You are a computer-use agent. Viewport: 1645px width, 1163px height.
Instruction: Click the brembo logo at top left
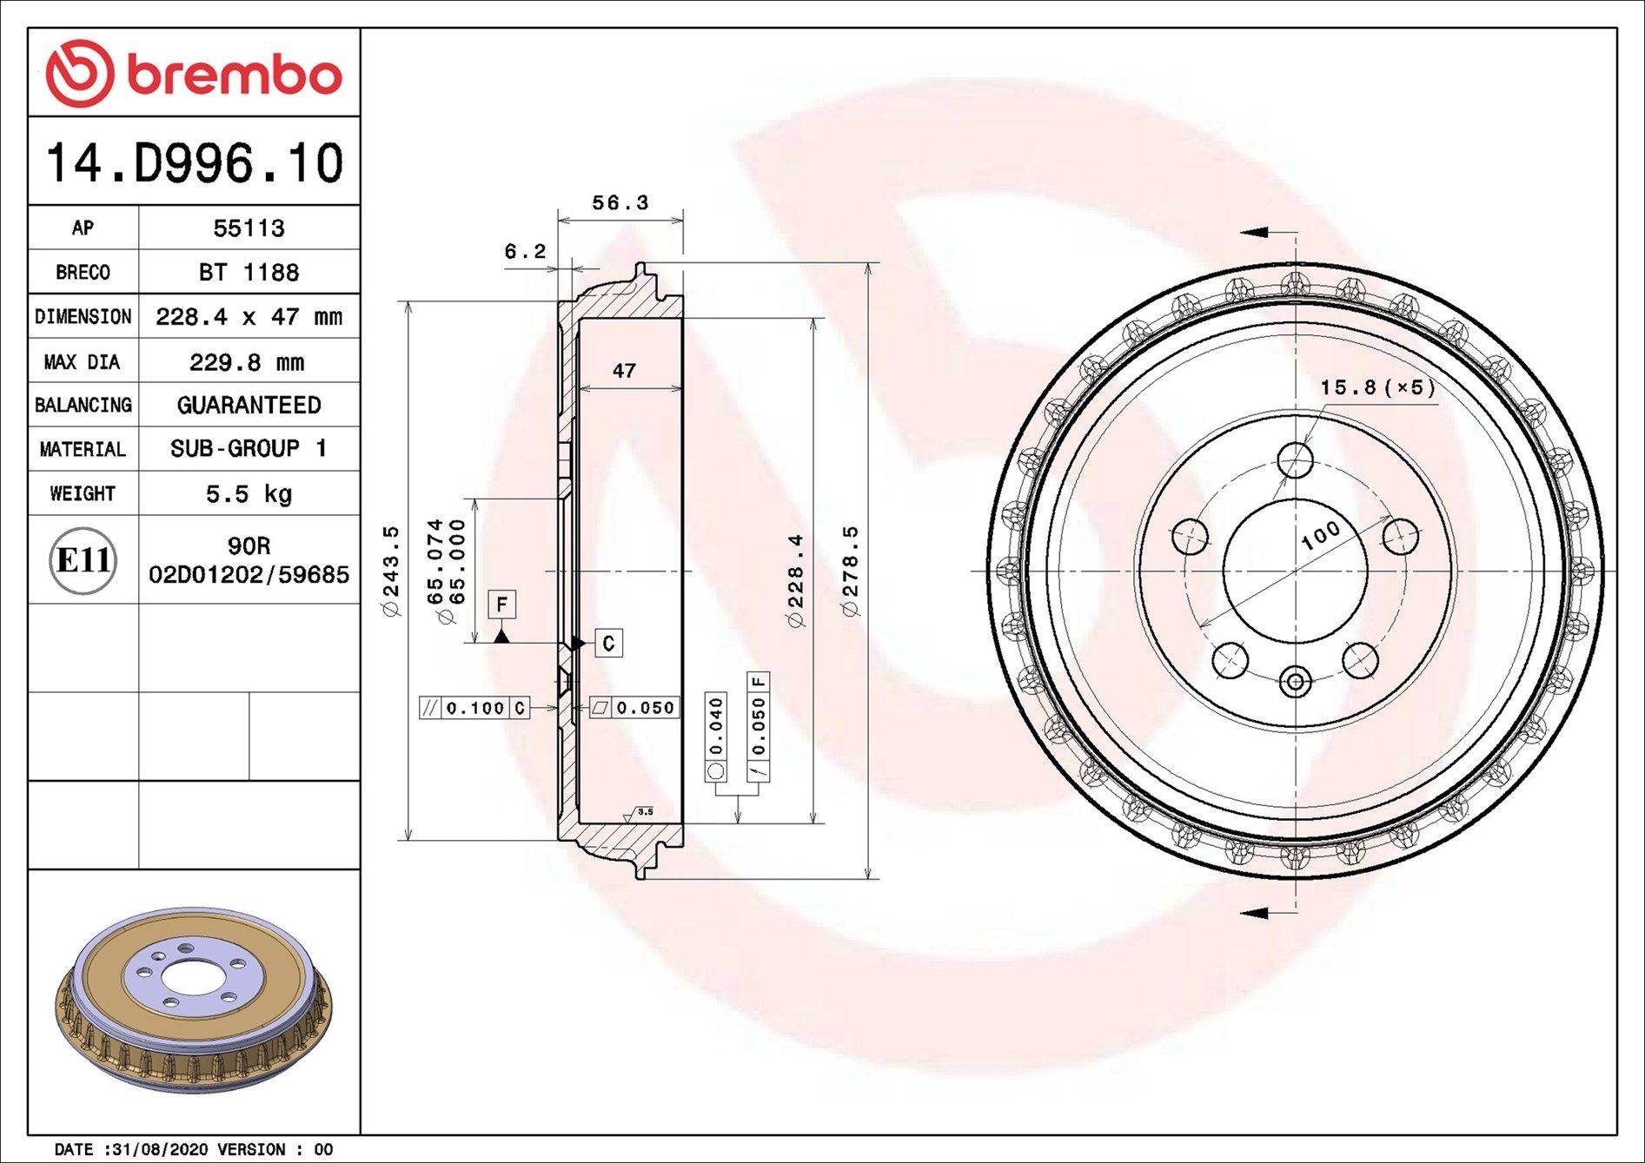[x=193, y=73]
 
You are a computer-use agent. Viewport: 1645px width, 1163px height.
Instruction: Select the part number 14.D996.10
[x=194, y=163]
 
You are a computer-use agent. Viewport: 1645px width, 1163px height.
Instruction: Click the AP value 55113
[x=249, y=228]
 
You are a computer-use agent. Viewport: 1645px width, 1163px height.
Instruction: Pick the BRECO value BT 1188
[x=249, y=273]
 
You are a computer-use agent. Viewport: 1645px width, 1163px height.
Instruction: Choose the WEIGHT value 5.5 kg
[x=249, y=494]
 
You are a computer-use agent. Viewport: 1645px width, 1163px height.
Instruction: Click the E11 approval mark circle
[x=83, y=560]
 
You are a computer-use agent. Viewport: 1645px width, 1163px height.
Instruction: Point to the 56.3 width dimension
[x=620, y=203]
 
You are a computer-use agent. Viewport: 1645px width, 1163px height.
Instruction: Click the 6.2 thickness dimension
[x=525, y=252]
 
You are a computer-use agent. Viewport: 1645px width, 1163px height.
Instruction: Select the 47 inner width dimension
[x=624, y=371]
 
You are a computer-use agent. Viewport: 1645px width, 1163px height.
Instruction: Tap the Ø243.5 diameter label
[x=391, y=571]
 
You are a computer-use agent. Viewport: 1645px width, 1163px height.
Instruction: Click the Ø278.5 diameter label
[x=850, y=571]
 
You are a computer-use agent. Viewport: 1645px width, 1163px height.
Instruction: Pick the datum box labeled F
[x=501, y=605]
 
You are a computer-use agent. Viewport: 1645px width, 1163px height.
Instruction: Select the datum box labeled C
[x=608, y=643]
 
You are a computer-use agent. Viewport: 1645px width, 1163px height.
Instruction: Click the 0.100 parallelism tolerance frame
[x=474, y=708]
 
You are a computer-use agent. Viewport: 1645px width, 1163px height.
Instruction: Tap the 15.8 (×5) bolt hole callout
[x=1377, y=387]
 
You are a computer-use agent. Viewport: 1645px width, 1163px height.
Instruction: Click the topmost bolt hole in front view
[x=1295, y=460]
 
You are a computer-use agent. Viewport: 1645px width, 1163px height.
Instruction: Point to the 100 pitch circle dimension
[x=1321, y=535]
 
